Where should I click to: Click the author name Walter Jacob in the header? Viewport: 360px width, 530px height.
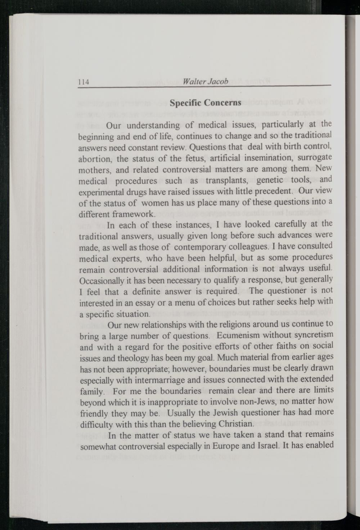[205, 81]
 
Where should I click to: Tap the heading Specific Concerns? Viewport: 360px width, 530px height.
[205, 103]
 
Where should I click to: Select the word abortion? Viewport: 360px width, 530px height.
[95, 159]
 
